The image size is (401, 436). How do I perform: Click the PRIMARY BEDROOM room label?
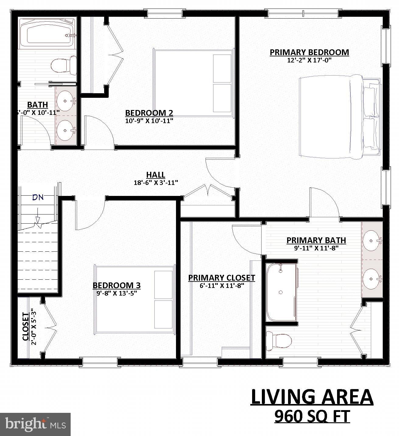[309, 52]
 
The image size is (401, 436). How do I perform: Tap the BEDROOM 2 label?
[149, 113]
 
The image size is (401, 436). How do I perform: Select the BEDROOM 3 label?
[116, 285]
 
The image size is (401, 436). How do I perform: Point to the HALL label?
[156, 175]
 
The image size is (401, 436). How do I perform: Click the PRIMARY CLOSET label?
[221, 278]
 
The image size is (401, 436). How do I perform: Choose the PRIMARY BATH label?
[316, 240]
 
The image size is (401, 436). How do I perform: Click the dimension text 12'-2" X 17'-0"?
[309, 60]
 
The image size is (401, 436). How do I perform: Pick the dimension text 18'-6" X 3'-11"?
[156, 183]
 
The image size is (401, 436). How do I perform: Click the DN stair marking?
[38, 197]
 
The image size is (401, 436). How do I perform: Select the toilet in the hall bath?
[63, 65]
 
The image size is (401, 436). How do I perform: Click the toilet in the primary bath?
[278, 339]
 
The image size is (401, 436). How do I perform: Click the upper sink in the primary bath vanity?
[372, 241]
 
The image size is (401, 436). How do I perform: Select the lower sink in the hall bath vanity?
[65, 130]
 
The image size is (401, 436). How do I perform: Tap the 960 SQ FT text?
[312, 416]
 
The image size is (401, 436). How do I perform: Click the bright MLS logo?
[35, 424]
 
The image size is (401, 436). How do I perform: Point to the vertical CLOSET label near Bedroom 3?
[26, 327]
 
